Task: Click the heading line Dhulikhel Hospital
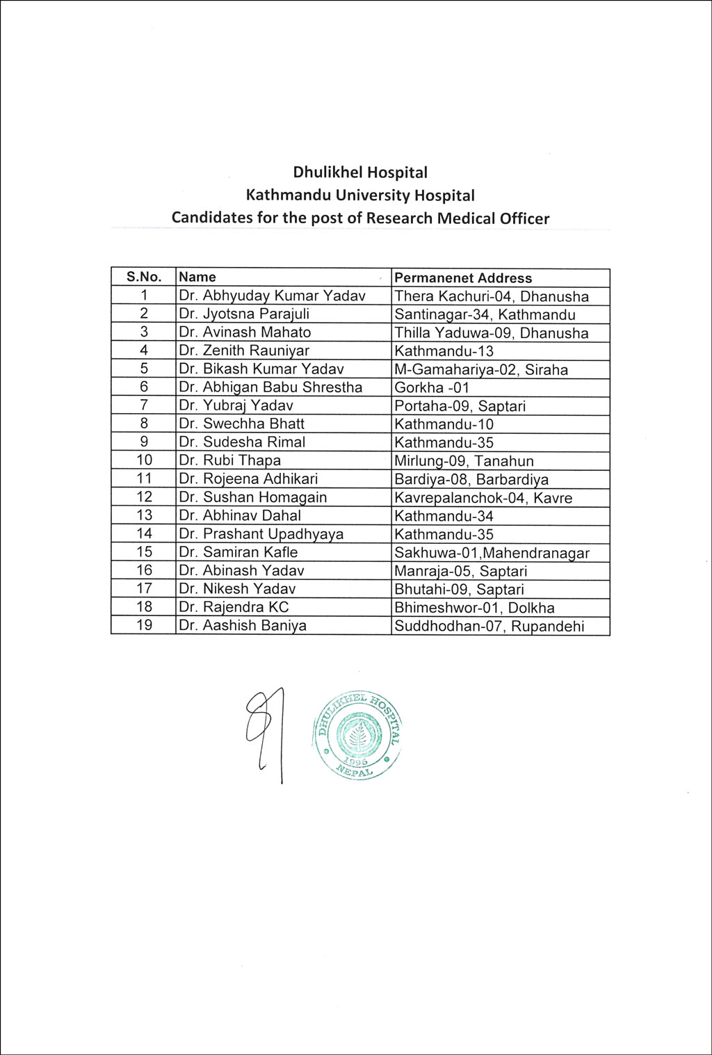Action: coord(359,172)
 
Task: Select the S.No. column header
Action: coord(144,277)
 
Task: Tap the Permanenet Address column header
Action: coord(463,278)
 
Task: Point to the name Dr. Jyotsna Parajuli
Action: coord(244,314)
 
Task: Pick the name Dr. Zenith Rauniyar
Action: coord(244,351)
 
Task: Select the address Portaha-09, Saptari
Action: coord(460,405)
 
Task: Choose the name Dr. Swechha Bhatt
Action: coord(241,424)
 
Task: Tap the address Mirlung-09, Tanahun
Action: coord(464,460)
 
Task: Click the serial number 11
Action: coord(144,478)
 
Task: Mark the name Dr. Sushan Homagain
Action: coord(252,497)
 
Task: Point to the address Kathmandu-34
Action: coord(444,516)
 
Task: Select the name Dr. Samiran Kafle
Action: coord(238,552)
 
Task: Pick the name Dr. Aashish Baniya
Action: coord(243,625)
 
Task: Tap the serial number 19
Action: coord(144,625)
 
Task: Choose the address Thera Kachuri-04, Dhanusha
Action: coord(491,296)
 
